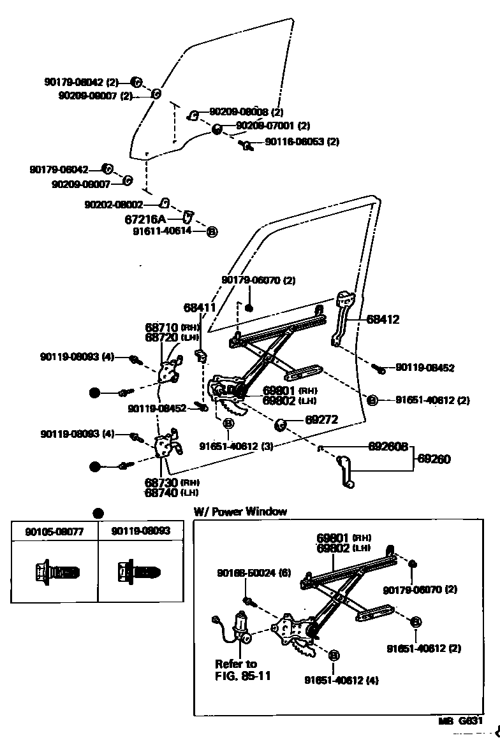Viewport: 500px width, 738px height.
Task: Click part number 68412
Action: coord(383,320)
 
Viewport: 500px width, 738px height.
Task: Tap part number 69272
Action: coord(321,420)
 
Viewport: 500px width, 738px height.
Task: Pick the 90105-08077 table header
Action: coord(54,531)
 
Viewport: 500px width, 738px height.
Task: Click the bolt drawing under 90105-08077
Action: coord(55,571)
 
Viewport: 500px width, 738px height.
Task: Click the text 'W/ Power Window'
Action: coord(240,511)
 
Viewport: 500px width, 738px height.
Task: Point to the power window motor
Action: coord(241,628)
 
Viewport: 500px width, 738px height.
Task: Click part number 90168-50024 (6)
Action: coord(259,573)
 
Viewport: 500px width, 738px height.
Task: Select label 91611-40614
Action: coord(162,231)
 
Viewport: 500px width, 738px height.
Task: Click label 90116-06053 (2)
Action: coord(302,141)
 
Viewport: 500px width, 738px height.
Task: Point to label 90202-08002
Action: coord(114,205)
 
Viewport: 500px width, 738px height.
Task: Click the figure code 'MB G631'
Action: coord(460,721)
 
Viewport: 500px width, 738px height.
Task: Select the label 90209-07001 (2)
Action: coord(272,126)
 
